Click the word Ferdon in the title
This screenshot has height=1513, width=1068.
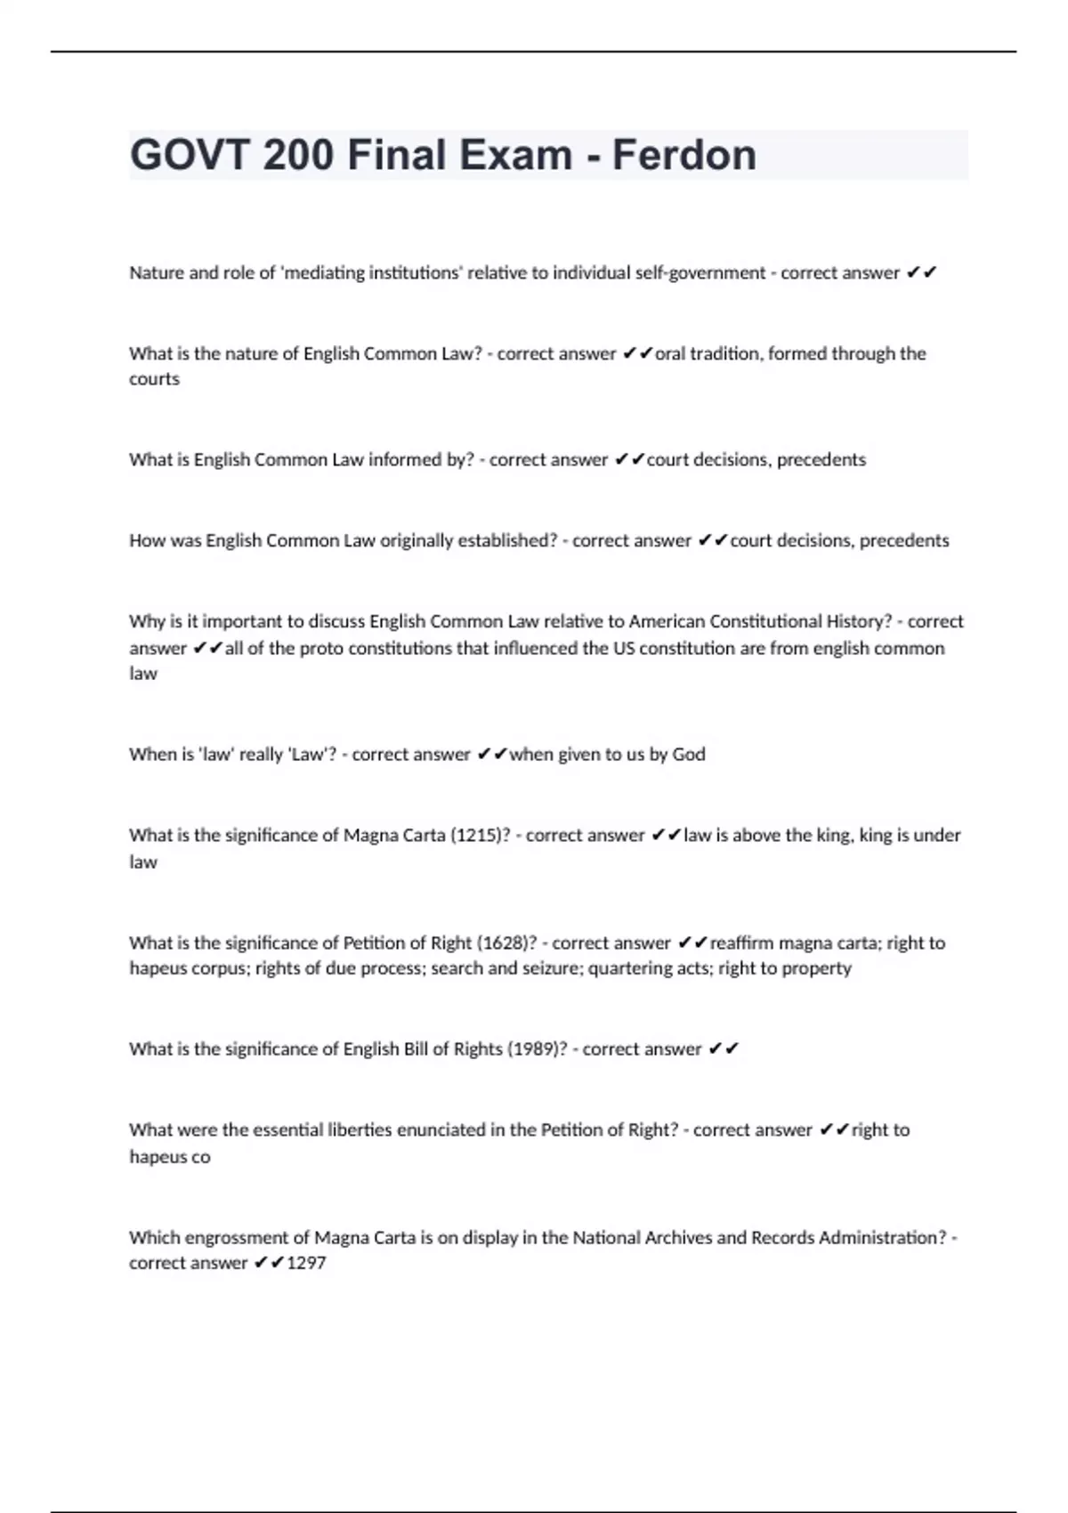(x=684, y=155)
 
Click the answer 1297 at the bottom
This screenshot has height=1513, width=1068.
(x=306, y=1263)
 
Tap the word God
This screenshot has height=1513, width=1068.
(x=689, y=754)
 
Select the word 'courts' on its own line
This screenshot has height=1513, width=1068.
(x=154, y=379)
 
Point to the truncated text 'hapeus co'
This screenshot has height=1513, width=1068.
(x=170, y=1157)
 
